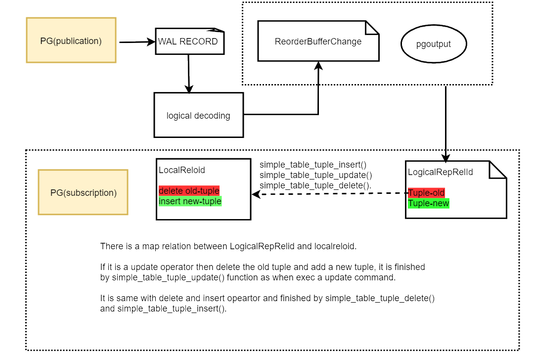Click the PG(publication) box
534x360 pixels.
tap(71, 40)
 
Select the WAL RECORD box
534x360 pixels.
tap(190, 41)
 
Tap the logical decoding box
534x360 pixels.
tap(199, 115)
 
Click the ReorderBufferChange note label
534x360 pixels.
tap(318, 42)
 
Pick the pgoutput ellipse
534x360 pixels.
tap(434, 44)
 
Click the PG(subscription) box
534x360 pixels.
tap(83, 192)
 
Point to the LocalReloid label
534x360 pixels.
tap(182, 170)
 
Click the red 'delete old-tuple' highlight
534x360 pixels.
tap(189, 191)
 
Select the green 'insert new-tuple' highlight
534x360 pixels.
tap(190, 201)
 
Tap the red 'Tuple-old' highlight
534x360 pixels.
tap(426, 193)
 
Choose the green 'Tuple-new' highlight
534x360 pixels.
tap(428, 203)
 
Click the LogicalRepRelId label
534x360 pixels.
tap(441, 172)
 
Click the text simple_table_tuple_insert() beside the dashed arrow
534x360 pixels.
tap(313, 165)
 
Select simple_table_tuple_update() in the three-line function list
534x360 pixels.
tap(315, 175)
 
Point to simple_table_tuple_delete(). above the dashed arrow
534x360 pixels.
tap(315, 185)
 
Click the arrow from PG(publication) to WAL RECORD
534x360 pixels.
tap(137, 42)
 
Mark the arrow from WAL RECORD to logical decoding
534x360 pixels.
tap(189, 74)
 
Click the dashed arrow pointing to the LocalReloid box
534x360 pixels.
tap(330, 194)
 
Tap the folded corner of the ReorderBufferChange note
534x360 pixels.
tap(372, 28)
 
